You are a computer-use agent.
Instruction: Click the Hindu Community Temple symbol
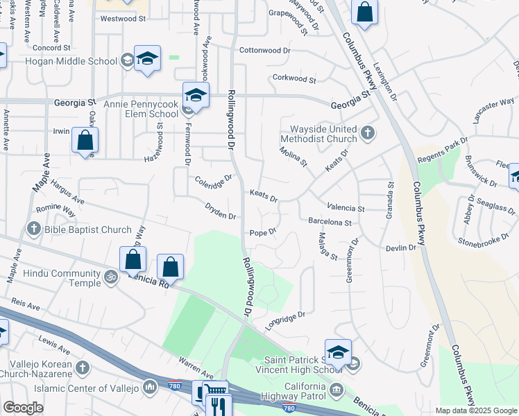pyautogui.click(x=110, y=278)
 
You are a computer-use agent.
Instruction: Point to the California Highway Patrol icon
pyautogui.click(x=337, y=388)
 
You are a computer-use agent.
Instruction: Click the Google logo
pyautogui.click(x=23, y=408)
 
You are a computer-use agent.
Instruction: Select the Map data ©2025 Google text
pyautogui.click(x=475, y=410)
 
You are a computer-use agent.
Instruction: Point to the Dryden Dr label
pyautogui.click(x=221, y=211)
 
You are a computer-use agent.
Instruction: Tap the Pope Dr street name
pyautogui.click(x=263, y=232)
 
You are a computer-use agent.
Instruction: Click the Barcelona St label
pyautogui.click(x=330, y=223)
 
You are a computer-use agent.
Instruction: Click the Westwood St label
pyautogui.click(x=122, y=19)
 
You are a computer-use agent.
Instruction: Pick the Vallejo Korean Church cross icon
pyautogui.click(x=82, y=367)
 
